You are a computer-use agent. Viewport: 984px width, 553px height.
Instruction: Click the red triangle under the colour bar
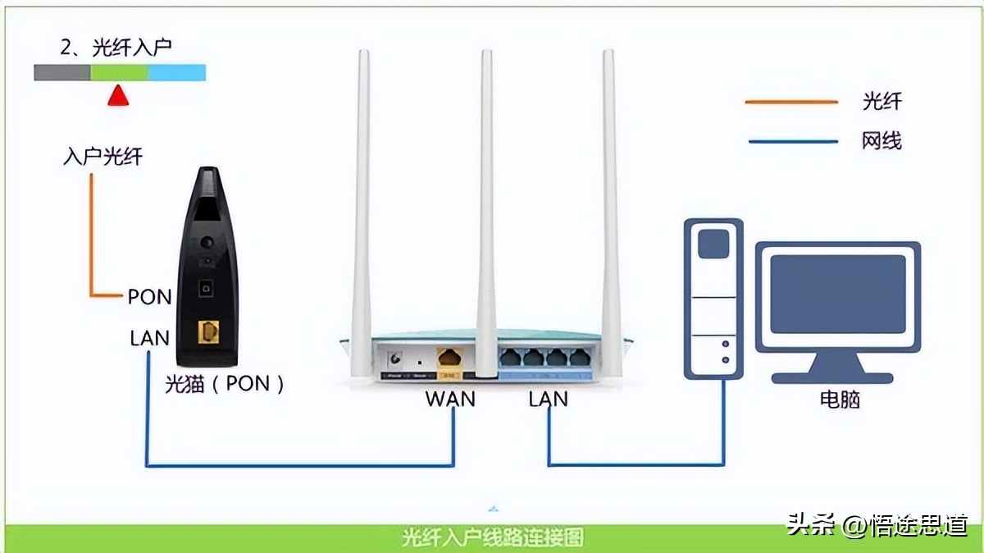coord(119,96)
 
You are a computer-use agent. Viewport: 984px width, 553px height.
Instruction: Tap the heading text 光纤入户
coord(116,48)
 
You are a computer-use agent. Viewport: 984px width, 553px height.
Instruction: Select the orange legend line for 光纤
coord(791,102)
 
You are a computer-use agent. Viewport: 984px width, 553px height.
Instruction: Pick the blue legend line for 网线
coord(791,141)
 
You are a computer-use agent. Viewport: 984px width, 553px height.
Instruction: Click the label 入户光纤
coord(102,156)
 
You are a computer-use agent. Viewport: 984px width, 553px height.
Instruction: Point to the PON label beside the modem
coord(149,296)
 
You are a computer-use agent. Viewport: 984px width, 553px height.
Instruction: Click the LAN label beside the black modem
coord(149,337)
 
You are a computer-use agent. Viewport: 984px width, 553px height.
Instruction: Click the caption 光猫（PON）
coord(224,383)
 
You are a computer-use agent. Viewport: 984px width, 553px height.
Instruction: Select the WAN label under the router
coord(449,399)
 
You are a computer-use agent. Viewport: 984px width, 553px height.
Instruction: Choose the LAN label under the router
coord(548,399)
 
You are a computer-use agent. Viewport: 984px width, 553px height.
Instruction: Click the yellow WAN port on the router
coord(449,359)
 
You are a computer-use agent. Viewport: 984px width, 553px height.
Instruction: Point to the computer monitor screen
coord(838,294)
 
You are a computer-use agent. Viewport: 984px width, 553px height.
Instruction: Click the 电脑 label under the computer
coord(840,400)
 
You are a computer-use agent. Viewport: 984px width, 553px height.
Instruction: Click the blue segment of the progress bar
coord(176,72)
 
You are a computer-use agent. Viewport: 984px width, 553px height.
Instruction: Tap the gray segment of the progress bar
coord(61,72)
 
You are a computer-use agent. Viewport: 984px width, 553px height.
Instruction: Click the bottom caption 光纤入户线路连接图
coord(492,537)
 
